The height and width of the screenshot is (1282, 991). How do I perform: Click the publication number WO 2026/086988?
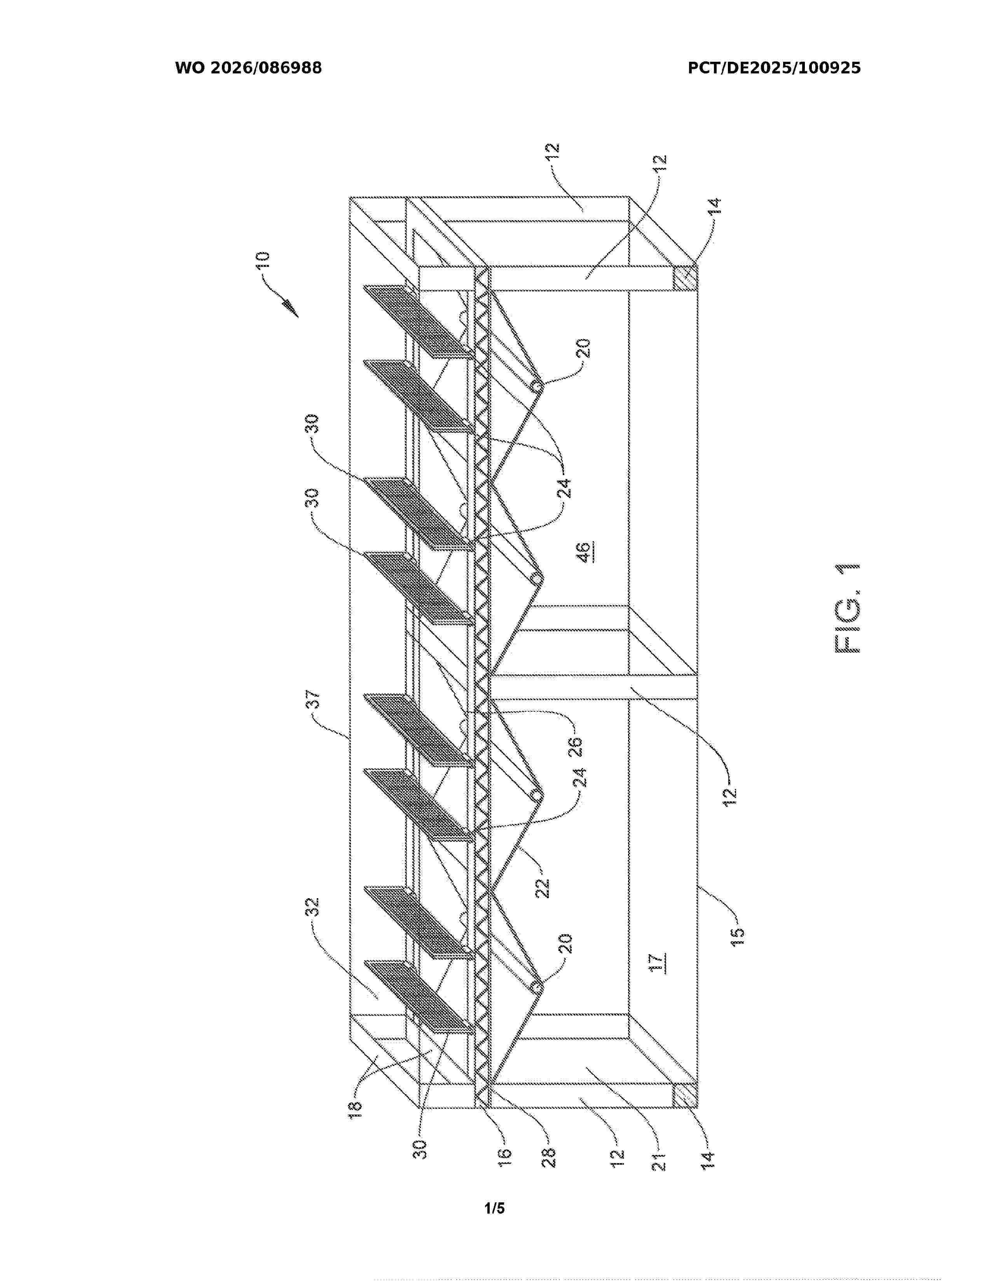248,68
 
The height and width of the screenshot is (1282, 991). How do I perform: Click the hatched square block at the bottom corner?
684,1095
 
